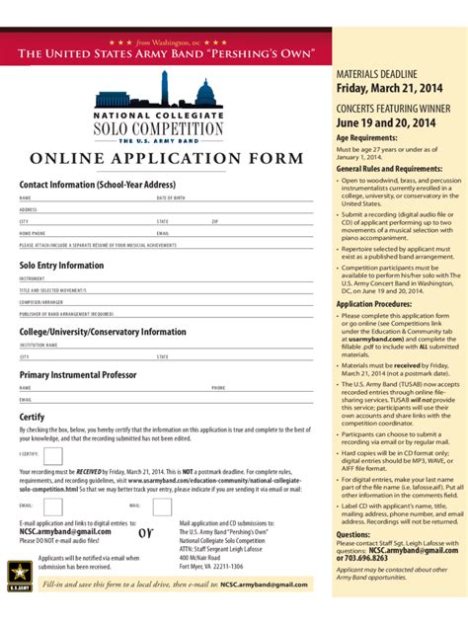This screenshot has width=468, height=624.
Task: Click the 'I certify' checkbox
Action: [x=53, y=456]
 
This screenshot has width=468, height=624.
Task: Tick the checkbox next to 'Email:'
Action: [x=53, y=506]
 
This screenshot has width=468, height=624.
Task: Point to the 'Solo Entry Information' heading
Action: [x=61, y=266]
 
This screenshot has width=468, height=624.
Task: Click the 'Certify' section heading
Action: [x=32, y=417]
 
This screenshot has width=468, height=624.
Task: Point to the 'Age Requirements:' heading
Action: [x=366, y=138]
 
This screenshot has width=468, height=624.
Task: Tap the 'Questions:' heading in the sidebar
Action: [x=352, y=534]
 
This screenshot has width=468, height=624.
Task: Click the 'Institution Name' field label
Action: [x=38, y=346]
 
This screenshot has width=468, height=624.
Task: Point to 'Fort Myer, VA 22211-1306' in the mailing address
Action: [x=210, y=566]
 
